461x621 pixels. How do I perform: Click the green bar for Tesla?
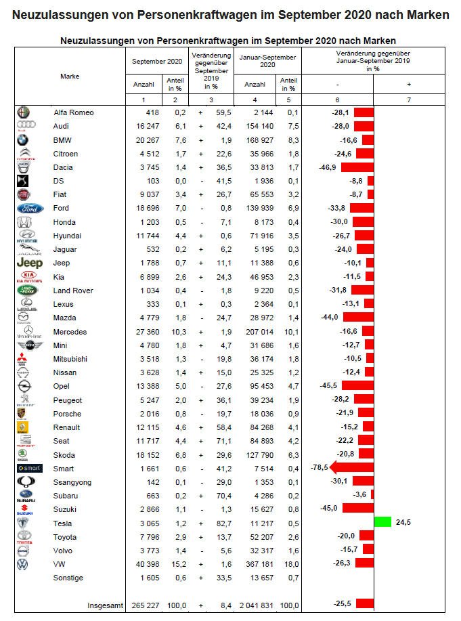pyautogui.click(x=382, y=523)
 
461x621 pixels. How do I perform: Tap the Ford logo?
pyautogui.click(x=29, y=208)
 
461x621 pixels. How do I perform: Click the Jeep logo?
pyautogui.click(x=29, y=263)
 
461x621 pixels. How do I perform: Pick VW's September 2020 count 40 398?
pyautogui.click(x=146, y=564)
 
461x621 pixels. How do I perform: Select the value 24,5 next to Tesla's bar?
pyautogui.click(x=404, y=523)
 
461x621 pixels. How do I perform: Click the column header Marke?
pyautogui.click(x=70, y=77)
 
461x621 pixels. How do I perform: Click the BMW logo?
pyautogui.click(x=24, y=140)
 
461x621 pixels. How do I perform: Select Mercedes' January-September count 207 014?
pyautogui.click(x=254, y=332)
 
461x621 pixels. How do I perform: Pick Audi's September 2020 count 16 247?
pyautogui.click(x=146, y=126)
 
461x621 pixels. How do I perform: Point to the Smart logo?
pyautogui.click(x=29, y=468)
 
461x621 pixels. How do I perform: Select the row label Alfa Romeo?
pyautogui.click(x=73, y=112)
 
